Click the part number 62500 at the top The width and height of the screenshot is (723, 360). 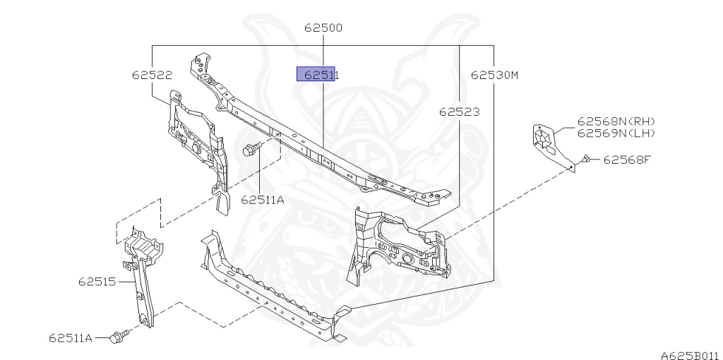click(x=323, y=28)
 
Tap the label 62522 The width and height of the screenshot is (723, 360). click(x=152, y=74)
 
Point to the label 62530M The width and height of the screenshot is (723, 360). click(x=494, y=74)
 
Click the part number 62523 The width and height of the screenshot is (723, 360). click(x=459, y=112)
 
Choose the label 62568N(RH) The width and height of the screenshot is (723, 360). click(x=616, y=121)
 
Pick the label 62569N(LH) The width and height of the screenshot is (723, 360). click(x=616, y=133)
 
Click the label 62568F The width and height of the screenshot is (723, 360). click(x=626, y=160)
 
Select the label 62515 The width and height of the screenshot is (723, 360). click(x=97, y=282)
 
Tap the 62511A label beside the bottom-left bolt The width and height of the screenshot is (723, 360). click(x=71, y=338)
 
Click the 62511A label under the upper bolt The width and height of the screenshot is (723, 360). click(x=262, y=200)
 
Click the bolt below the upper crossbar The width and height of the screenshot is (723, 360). click(x=251, y=149)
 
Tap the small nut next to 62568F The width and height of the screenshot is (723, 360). click(x=587, y=159)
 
